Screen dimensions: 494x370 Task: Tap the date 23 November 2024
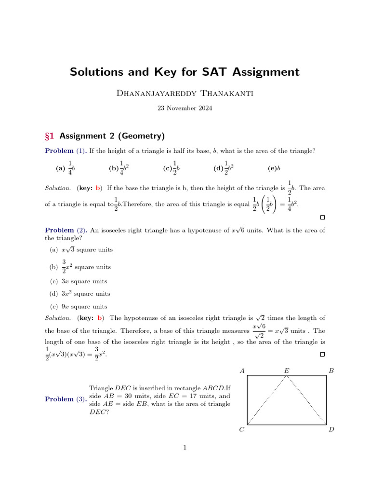coord(185,109)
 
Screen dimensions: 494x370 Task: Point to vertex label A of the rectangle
coord(242,370)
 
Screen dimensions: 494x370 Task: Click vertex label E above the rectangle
coord(287,370)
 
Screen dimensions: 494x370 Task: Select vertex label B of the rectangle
coord(330,370)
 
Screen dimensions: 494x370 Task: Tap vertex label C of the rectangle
coord(242,429)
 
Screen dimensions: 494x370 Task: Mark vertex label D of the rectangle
coord(331,429)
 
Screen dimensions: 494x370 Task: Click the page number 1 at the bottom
coord(185,447)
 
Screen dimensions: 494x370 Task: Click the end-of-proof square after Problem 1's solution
coord(322,218)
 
